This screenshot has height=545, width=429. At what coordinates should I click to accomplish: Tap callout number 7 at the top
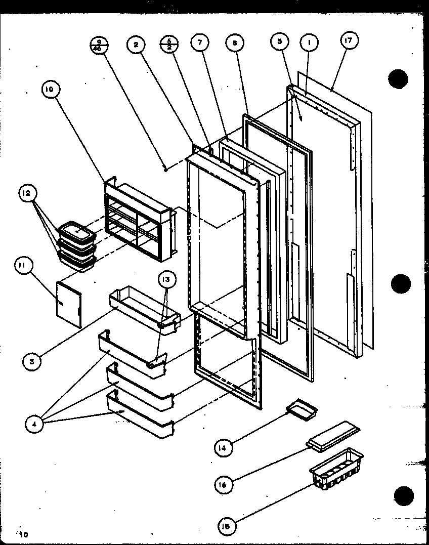point(200,44)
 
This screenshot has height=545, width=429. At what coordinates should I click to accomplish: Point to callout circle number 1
point(309,43)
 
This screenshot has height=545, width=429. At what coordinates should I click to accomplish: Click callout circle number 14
point(222,447)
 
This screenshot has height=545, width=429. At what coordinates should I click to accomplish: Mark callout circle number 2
point(136,45)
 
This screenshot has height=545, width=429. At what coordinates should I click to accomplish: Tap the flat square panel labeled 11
point(69,304)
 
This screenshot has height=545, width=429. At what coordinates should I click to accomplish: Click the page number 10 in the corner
point(23,534)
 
